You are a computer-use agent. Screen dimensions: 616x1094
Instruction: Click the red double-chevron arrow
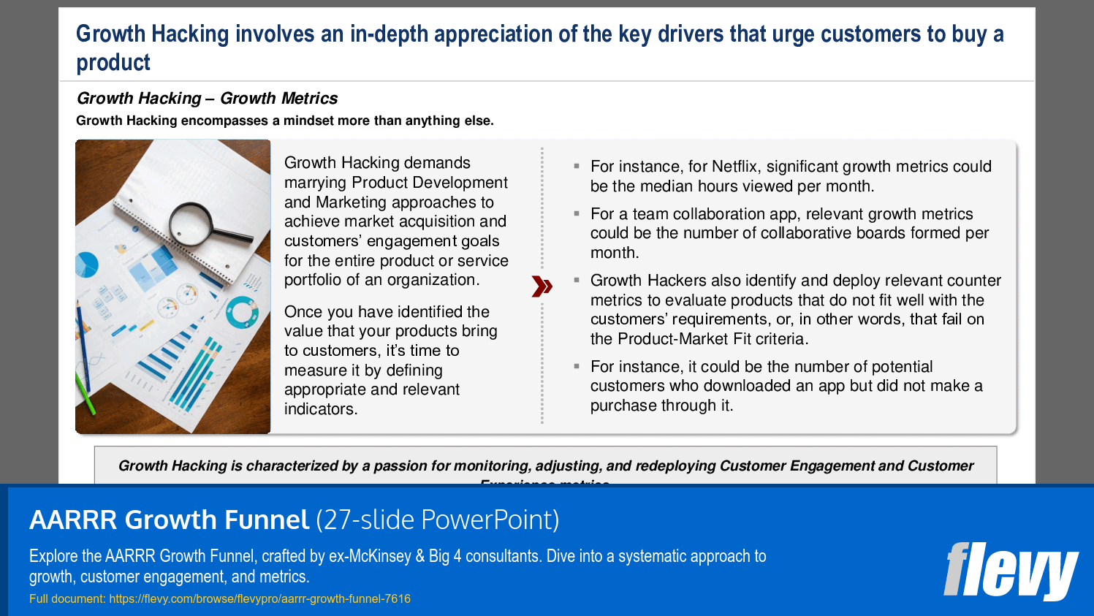pos(542,286)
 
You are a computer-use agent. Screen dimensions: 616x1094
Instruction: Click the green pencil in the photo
pos(86,394)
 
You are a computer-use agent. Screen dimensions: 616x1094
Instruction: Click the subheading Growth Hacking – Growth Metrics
pos(207,98)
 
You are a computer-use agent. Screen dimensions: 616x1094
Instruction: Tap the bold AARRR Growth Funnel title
pos(169,520)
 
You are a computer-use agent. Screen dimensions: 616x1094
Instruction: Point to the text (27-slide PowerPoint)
pos(437,520)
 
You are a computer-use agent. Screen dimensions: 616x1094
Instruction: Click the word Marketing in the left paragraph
pos(351,202)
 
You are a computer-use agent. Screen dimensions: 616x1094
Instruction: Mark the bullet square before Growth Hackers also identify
pos(577,280)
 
